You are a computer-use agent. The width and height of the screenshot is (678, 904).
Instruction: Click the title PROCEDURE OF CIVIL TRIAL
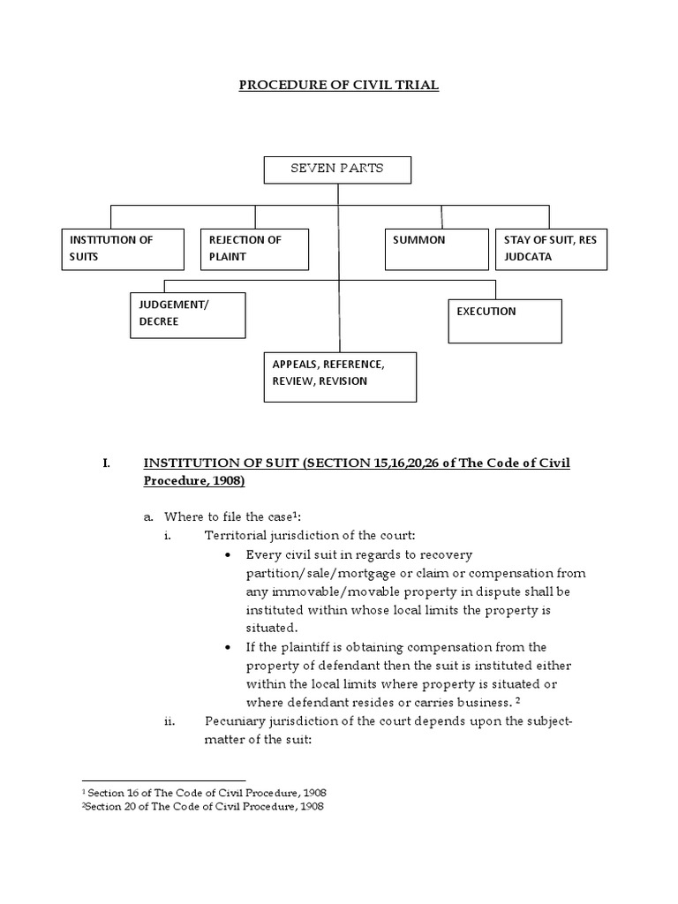point(339,86)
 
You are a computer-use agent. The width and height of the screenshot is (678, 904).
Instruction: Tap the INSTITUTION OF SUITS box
point(123,249)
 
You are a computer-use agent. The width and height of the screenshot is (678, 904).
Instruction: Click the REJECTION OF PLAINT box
point(254,249)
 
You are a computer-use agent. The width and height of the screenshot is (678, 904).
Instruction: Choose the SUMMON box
point(436,249)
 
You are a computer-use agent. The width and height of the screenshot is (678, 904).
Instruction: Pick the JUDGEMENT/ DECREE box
point(187,316)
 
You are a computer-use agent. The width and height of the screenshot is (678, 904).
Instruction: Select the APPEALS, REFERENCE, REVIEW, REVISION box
point(338,377)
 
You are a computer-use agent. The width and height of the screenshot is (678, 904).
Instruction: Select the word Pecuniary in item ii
point(235,721)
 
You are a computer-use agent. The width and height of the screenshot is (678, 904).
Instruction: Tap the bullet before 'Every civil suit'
point(230,554)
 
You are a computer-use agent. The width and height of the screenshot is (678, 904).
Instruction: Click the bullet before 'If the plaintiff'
point(230,647)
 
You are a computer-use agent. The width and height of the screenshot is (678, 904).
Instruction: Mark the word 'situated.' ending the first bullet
point(271,628)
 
